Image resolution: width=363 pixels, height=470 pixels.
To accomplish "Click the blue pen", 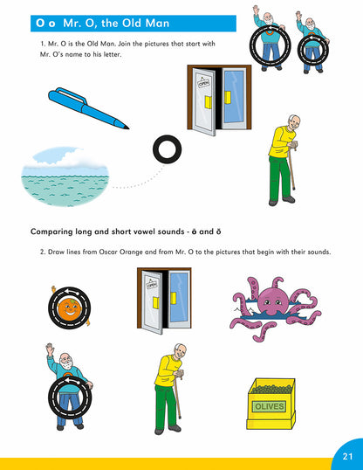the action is pyautogui.click(x=87, y=108).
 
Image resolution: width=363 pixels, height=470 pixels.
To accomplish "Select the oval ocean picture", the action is pyautogui.click(x=65, y=176).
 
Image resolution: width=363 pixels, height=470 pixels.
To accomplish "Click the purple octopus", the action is pyautogui.click(x=275, y=308).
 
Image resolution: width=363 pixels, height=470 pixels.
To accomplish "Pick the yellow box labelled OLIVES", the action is pyautogui.click(x=271, y=404).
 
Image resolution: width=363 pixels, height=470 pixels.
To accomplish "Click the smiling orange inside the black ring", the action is pyautogui.click(x=69, y=308).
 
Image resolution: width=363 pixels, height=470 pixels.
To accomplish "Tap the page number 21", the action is pyautogui.click(x=347, y=456).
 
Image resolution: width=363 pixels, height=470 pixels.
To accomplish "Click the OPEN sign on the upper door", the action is pyautogui.click(x=204, y=82).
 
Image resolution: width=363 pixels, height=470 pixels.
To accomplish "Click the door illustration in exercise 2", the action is pyautogui.click(x=164, y=301).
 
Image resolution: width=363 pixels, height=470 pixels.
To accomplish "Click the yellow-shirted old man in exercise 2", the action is pyautogui.click(x=170, y=389).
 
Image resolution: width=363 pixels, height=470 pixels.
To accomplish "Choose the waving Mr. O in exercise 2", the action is pyautogui.click(x=70, y=386).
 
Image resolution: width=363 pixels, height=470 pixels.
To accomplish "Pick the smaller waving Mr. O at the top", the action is pyautogui.click(x=312, y=42).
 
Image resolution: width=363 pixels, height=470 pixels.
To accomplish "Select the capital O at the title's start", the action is pyautogui.click(x=40, y=23).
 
